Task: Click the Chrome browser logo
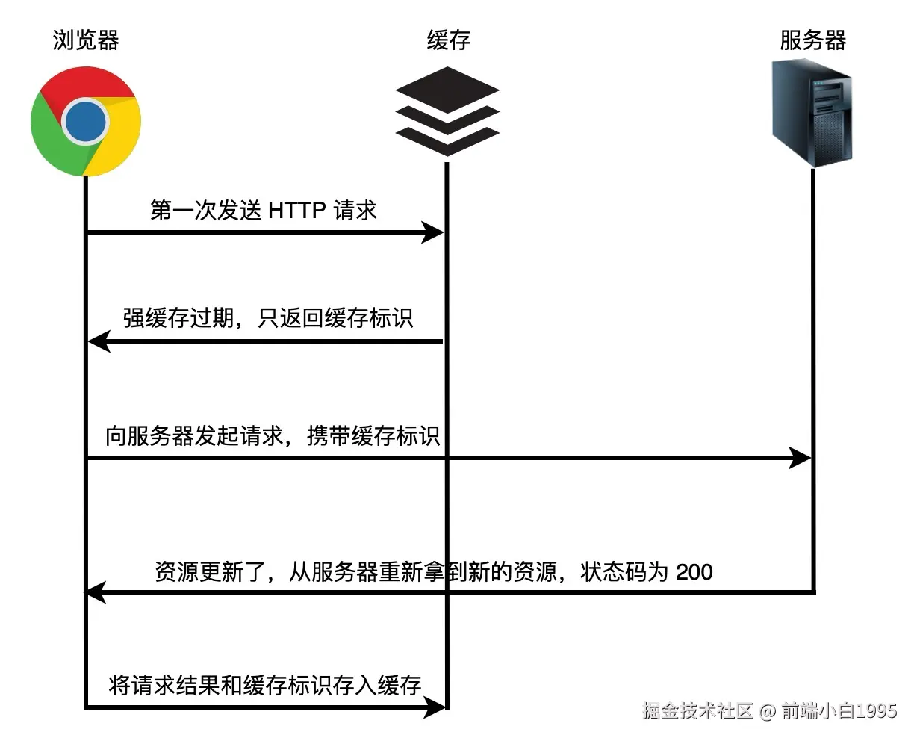[x=86, y=121]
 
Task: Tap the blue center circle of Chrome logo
[x=86, y=121]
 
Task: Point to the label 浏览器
[x=86, y=40]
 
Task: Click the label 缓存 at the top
[x=448, y=40]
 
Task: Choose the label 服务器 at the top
[x=812, y=40]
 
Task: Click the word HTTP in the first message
[x=296, y=211]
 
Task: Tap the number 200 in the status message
[x=694, y=572]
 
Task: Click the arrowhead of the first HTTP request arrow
[x=433, y=232]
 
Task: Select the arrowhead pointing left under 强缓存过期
[x=99, y=341]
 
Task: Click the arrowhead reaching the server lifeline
[x=801, y=457]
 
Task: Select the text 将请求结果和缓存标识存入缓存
[x=265, y=685]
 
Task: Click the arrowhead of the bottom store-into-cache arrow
[x=435, y=707]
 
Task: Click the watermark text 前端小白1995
[x=839, y=710]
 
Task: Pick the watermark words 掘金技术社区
[x=697, y=710]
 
